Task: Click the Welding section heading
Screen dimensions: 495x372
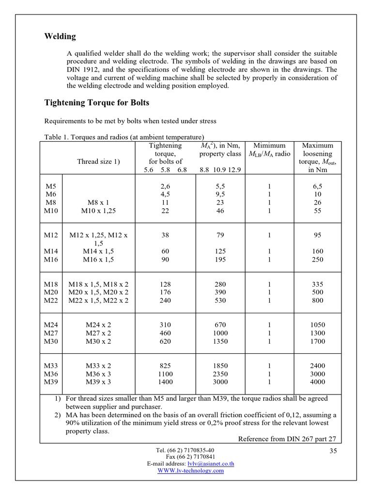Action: pos(60,37)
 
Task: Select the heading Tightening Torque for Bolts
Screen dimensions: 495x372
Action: pos(97,102)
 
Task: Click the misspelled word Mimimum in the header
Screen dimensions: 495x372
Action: pos(269,146)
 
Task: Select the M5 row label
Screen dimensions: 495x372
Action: pos(50,186)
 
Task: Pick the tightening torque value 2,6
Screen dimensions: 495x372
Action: pos(165,186)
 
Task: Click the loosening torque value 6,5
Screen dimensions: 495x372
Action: pos(318,186)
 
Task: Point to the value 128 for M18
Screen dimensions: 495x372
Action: pos(165,284)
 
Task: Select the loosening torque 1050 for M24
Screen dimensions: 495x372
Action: pos(318,325)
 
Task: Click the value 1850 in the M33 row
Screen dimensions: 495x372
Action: pos(220,366)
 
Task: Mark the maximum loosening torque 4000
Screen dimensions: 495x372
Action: pos(318,382)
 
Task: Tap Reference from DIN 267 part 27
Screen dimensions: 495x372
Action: pos(287,439)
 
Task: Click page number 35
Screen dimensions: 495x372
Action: pos(333,451)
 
